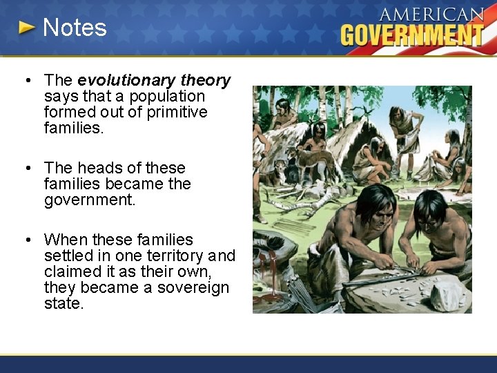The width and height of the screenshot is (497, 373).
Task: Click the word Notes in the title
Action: click(x=75, y=28)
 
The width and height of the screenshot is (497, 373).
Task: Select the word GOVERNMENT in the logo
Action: click(x=412, y=34)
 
